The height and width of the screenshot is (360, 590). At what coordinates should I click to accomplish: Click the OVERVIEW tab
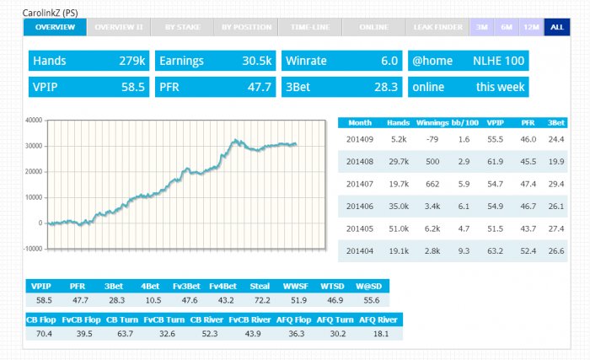pyautogui.click(x=55, y=27)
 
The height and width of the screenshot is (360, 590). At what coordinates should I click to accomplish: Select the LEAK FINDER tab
pyautogui.click(x=437, y=27)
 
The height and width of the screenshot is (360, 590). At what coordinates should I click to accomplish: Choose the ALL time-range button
pyautogui.click(x=557, y=27)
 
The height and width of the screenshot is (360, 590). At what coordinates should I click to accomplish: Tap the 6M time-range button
pyautogui.click(x=507, y=27)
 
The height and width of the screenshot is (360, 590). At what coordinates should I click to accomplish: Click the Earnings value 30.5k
pyautogui.click(x=256, y=61)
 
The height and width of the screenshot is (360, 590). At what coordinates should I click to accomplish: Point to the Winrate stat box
pyautogui.click(x=341, y=61)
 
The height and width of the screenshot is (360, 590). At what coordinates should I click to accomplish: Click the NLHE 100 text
pyautogui.click(x=498, y=61)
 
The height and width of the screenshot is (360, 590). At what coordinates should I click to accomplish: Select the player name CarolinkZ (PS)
pyautogui.click(x=50, y=13)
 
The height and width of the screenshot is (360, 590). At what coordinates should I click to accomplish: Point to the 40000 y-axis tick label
pyautogui.click(x=34, y=120)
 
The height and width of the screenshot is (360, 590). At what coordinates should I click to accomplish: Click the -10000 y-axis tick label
pyautogui.click(x=33, y=249)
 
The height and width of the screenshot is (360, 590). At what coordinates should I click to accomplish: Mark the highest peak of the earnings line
pyautogui.click(x=235, y=140)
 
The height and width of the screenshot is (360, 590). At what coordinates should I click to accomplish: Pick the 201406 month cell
pyautogui.click(x=360, y=207)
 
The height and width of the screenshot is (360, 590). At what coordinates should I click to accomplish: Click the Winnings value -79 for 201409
pyautogui.click(x=432, y=139)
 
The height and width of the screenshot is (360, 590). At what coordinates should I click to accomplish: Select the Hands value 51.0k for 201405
pyautogui.click(x=399, y=228)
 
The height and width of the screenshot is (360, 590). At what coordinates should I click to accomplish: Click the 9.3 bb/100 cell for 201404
pyautogui.click(x=464, y=250)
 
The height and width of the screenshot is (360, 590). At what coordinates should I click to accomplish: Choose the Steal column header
pyautogui.click(x=260, y=286)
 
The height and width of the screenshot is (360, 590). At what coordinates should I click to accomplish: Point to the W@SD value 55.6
pyautogui.click(x=372, y=300)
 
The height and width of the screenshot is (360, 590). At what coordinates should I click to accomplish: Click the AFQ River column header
pyautogui.click(x=378, y=320)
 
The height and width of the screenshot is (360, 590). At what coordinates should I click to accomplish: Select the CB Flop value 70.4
pyautogui.click(x=44, y=334)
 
